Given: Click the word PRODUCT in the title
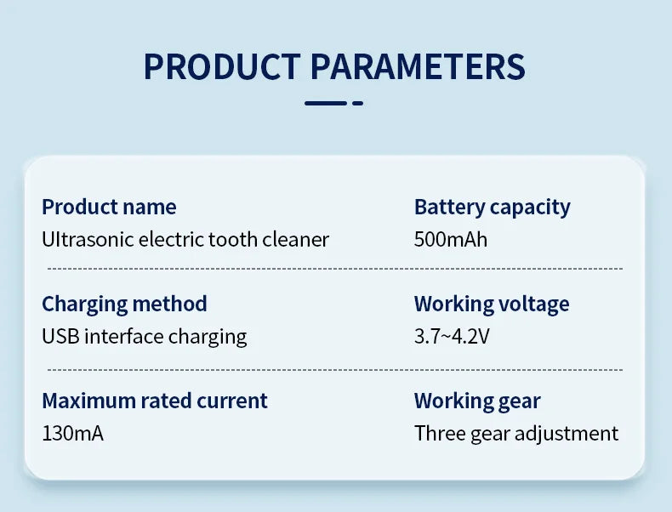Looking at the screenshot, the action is coord(222,67).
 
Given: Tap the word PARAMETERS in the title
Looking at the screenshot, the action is coord(418,67).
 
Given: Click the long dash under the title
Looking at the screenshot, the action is coord(326,103).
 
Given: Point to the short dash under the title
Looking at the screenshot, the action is coord(357,103).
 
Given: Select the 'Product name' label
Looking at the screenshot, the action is coord(109,207).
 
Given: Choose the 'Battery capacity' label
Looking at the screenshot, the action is coord(493,208).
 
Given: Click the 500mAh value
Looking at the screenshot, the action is coord(451,239).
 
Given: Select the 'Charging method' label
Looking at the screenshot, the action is coord(125,304).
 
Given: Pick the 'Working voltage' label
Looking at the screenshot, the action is coord(492,304).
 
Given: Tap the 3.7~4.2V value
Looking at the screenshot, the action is coord(452,336).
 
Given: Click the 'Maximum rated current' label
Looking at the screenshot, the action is coord(155,401).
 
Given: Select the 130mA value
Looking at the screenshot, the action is coord(73,433).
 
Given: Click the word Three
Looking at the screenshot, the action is coord(440,433).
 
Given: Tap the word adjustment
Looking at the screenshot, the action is coord(567,434).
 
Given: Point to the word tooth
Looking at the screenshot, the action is coord(233,239).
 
